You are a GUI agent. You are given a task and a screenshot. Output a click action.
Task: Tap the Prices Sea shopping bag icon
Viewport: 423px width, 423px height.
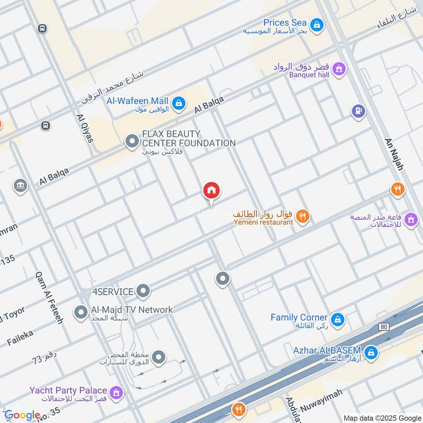click(316, 24)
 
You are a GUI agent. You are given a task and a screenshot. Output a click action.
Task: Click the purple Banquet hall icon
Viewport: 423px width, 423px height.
click(339, 68)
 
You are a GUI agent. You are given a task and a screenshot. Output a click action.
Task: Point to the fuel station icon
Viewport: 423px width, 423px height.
click(358, 111)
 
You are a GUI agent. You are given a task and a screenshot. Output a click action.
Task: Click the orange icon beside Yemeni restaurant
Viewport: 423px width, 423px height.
click(302, 215)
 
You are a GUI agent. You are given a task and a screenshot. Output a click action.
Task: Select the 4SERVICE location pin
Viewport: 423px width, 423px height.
click(143, 290)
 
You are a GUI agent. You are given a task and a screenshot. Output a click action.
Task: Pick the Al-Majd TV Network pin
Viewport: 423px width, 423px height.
click(81, 312)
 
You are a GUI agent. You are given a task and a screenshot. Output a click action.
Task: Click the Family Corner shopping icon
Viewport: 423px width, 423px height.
click(337, 319)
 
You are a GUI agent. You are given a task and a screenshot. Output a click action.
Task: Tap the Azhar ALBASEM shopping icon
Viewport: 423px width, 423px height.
click(371, 352)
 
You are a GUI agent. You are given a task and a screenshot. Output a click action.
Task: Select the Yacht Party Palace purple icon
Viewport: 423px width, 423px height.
click(117, 393)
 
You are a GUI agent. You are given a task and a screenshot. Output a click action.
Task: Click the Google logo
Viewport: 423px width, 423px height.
click(22, 415)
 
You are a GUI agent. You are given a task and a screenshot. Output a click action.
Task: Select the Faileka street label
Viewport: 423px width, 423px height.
click(21, 337)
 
